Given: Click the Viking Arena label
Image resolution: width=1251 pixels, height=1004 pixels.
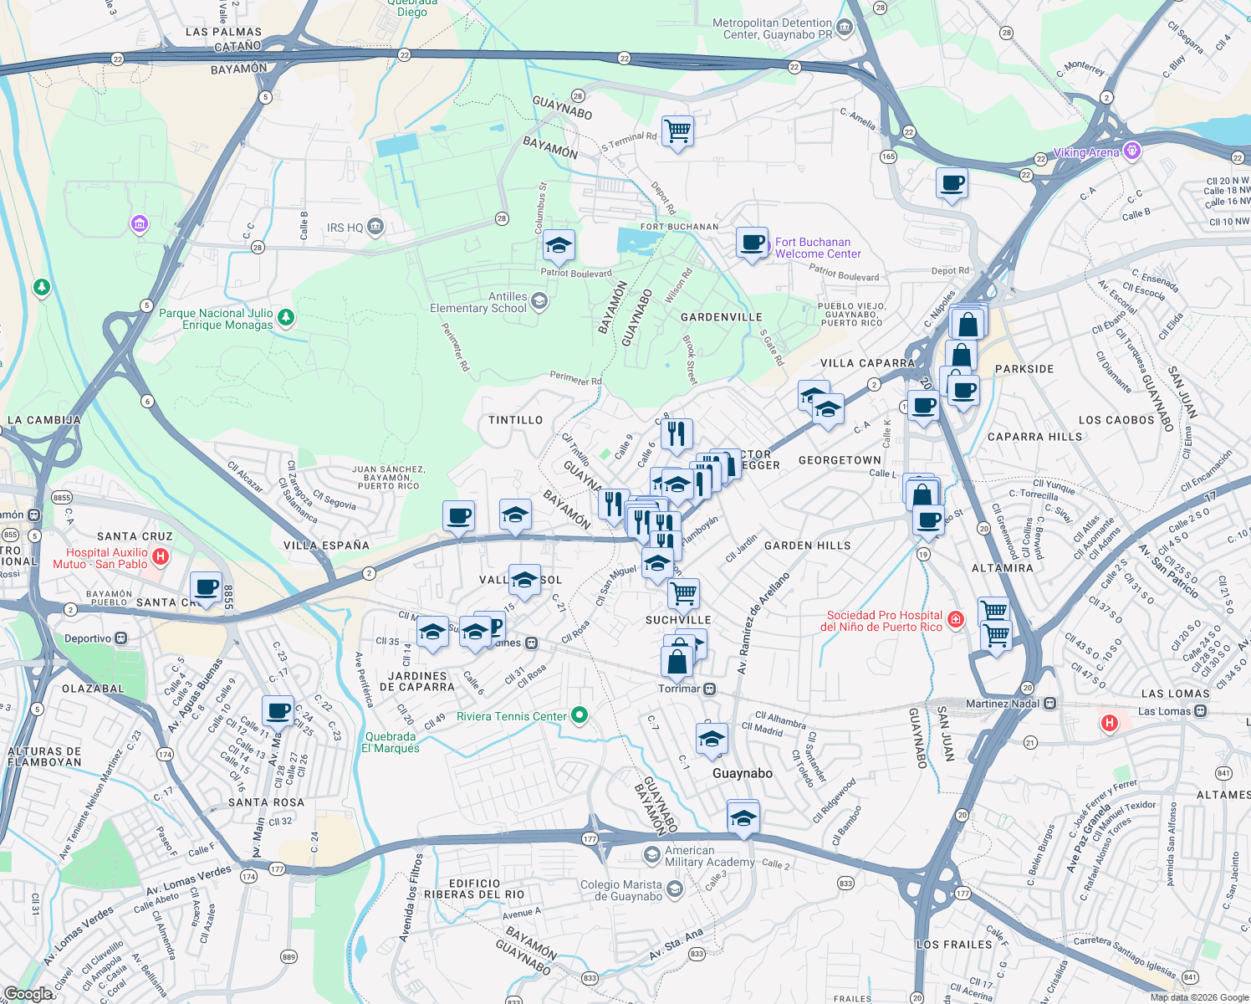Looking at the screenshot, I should [x=1085, y=152].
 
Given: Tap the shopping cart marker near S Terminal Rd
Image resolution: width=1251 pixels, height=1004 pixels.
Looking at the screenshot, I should [x=677, y=131].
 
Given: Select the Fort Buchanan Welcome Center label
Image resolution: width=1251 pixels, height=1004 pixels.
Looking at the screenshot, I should [x=817, y=248].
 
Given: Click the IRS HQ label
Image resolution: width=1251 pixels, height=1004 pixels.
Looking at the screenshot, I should [x=345, y=228].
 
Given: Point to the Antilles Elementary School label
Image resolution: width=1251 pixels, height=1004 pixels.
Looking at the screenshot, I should [x=478, y=302].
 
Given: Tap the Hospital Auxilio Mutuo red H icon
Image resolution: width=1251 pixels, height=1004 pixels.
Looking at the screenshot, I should [x=161, y=556].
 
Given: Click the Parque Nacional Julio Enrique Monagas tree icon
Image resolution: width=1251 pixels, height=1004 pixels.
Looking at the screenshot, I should [x=286, y=317].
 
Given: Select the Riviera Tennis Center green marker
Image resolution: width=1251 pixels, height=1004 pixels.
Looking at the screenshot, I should [x=580, y=715].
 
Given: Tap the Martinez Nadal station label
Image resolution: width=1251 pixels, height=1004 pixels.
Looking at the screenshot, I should [x=1002, y=704].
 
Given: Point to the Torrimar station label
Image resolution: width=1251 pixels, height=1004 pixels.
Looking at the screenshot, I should [x=679, y=689].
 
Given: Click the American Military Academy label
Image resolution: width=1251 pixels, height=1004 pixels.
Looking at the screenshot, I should [x=709, y=856].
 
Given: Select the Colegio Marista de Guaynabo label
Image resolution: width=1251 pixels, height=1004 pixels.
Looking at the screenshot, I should [x=621, y=890].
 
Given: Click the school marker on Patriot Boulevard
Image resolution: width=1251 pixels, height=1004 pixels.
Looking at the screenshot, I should [x=558, y=246].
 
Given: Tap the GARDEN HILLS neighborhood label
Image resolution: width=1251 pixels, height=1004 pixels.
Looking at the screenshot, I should [x=807, y=546].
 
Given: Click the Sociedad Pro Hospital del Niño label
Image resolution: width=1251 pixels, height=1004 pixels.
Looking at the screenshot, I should [x=884, y=621].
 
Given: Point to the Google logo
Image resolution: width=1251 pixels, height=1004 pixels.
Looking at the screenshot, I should [x=28, y=994].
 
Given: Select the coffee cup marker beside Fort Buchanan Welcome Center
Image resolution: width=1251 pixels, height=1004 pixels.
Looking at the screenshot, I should [x=752, y=243].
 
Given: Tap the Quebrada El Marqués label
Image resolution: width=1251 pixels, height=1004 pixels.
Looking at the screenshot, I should [x=390, y=742].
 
